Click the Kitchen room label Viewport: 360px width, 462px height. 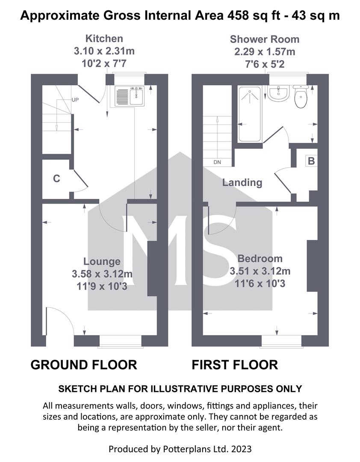104,38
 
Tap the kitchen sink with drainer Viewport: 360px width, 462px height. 130,96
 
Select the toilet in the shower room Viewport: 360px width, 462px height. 301,96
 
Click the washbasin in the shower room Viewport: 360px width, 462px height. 278,94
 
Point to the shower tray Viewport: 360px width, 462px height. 250,114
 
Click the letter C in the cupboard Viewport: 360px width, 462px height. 56,178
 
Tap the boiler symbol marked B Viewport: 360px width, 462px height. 311,161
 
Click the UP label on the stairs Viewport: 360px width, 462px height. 75,100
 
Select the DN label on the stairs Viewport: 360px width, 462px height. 217,162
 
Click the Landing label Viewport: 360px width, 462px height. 242,183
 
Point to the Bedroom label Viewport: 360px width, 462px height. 260,258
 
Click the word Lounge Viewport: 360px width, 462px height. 102,261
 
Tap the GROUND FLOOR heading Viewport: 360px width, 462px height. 84,365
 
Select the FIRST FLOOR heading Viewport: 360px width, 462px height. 235,365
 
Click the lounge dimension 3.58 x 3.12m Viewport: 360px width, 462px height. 102,274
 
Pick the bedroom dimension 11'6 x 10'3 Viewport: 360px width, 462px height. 260,284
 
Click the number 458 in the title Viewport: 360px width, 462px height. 237,15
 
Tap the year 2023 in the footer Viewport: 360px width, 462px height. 241,449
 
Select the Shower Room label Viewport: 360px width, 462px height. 265,39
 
